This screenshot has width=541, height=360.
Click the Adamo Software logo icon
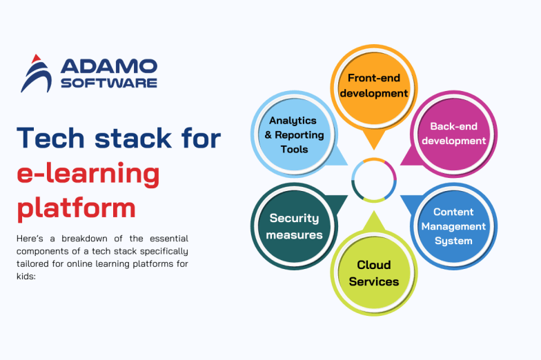[36, 73]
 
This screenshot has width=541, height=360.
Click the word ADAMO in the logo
[108, 66]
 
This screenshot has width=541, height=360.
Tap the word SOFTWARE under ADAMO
[108, 83]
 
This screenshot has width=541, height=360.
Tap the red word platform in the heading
[76, 206]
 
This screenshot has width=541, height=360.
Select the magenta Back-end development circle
[453, 134]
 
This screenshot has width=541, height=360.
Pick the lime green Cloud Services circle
[373, 272]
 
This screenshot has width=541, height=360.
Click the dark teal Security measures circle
[295, 226]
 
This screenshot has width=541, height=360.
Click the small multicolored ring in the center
[373, 180]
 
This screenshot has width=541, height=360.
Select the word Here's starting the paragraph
[32, 239]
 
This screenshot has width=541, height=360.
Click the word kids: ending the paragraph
[26, 277]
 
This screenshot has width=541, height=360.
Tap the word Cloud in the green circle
[373, 265]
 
